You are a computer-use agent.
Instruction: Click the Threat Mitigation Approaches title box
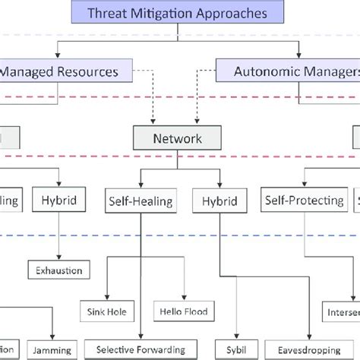click(x=177, y=12)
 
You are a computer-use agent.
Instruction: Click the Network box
click(x=177, y=139)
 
